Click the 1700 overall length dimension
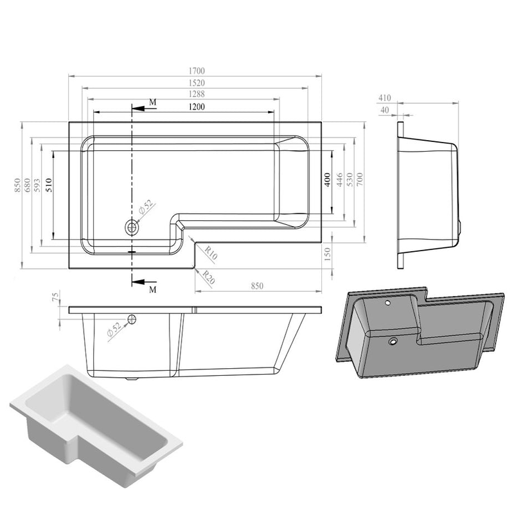tap(197, 71)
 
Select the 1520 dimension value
tap(197, 83)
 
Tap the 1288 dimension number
tap(197, 94)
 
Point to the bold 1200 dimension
tap(197, 107)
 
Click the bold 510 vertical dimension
tap(49, 185)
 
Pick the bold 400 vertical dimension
tap(327, 180)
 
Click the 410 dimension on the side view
tap(384, 98)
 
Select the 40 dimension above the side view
tap(384, 110)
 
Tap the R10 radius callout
tap(211, 253)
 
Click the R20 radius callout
tap(208, 277)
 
